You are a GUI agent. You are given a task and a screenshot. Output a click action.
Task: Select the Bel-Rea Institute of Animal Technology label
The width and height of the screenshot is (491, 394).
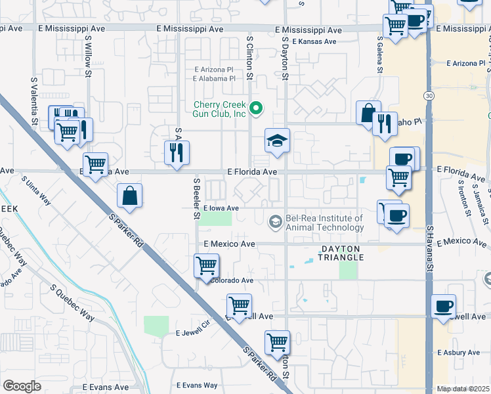coord(324,223)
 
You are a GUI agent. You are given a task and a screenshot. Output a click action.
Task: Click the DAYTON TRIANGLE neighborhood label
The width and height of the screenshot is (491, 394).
coord(341,253)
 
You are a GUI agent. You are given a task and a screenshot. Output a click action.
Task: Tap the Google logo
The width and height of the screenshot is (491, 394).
coord(22,386)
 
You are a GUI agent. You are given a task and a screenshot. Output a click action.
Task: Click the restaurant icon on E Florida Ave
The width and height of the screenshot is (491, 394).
coord(177,153)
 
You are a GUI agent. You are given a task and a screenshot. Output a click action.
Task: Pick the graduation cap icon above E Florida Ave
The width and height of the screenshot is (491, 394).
coord(277,140)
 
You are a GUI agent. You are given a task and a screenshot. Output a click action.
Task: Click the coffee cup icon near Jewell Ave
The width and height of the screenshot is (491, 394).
coord(444,306)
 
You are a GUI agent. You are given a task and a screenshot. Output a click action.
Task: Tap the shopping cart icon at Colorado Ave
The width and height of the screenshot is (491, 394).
coord(206,266)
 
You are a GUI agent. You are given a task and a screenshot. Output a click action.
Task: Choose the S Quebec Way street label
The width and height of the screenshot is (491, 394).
coord(72,299)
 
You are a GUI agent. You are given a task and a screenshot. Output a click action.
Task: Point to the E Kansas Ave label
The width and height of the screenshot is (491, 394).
coord(314,41)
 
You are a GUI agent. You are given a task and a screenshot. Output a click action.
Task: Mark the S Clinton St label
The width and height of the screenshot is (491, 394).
coord(249,58)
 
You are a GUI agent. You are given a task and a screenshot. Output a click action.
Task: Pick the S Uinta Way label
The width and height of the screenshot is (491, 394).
coord(36,188)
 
